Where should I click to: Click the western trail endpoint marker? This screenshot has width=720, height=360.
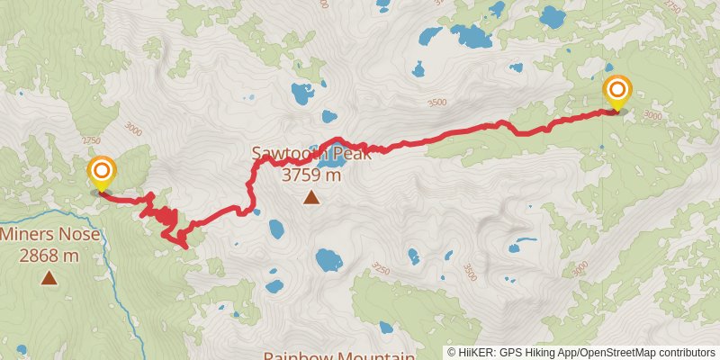[x=102, y=171]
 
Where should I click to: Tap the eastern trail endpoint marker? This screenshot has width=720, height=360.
[x=617, y=92]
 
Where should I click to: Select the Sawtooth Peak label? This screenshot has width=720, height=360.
[x=310, y=154]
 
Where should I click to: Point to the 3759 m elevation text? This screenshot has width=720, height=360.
[x=311, y=175]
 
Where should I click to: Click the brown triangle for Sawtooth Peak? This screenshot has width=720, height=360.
[x=310, y=197]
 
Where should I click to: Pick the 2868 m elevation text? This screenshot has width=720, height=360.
[x=49, y=256]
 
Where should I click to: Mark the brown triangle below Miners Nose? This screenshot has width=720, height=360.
[x=49, y=278]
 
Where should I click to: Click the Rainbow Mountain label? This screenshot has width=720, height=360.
[x=338, y=355]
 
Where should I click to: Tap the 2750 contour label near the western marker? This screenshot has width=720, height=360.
[x=90, y=140]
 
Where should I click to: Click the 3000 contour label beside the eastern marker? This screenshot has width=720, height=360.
[x=653, y=115]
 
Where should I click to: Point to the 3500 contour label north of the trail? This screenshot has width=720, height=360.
[x=438, y=103]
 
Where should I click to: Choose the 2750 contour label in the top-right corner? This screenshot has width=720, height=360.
[x=672, y=6]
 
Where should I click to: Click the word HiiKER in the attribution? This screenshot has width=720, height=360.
[x=472, y=352]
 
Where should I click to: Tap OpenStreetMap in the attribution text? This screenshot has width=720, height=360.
[x=613, y=352]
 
